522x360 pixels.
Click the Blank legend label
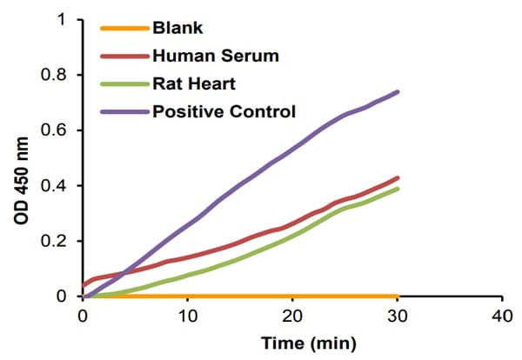point(177,28)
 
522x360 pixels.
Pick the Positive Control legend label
point(224,111)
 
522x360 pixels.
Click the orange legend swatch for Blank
point(124,29)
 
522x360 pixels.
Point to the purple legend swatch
point(124,111)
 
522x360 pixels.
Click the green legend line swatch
point(124,83)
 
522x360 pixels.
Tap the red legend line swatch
point(124,57)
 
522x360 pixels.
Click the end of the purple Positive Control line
point(398,91)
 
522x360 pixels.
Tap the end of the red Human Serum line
point(398,178)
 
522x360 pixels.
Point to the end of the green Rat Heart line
point(398,189)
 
